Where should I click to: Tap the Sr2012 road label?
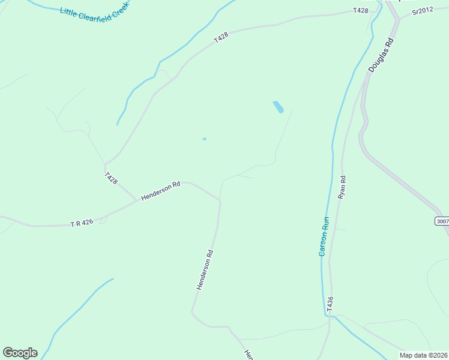coord(423,11)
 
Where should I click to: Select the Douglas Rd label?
coord(381,56)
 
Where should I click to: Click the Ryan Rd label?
coord(342,187)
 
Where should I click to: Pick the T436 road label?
coord(330,304)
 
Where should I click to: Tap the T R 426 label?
coord(82,223)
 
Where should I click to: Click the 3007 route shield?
coord(442,221)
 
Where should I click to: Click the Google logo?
coord(20,353)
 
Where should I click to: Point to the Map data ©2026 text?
coord(423,355)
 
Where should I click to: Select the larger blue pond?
coord(278,107)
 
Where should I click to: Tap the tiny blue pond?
coord(204,139)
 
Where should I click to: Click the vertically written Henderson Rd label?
coord(205,270)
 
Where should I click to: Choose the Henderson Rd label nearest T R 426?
coord(161,191)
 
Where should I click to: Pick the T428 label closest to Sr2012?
coord(360,11)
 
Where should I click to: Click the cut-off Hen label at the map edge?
coord(248,354)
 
